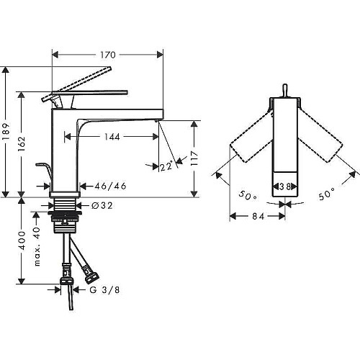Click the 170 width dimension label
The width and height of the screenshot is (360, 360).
tap(108, 55)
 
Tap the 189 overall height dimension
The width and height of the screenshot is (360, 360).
tap(6, 132)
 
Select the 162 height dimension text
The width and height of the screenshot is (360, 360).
tap(22, 144)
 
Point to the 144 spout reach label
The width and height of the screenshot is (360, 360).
tap(112, 137)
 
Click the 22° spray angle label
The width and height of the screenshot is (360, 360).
tap(166, 166)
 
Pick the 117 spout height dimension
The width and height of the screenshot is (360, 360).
tap(194, 158)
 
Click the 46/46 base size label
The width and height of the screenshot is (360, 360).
tap(110, 186)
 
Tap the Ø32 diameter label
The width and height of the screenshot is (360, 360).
tap(102, 206)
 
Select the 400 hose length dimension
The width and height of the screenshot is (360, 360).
tap(22, 240)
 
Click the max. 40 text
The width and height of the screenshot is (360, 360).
tap(37, 246)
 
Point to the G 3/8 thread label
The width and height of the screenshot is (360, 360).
tap(104, 290)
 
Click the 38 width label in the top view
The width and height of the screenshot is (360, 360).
tap(285, 186)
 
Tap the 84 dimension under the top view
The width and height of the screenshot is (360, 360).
tap(258, 217)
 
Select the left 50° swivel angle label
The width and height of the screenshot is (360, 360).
tap(248, 196)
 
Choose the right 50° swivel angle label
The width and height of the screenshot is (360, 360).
tap(327, 194)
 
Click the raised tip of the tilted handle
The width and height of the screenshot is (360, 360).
tap(110, 68)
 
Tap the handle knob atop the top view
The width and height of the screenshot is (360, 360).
tap(285, 90)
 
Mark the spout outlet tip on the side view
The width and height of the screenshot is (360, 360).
tap(157, 120)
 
